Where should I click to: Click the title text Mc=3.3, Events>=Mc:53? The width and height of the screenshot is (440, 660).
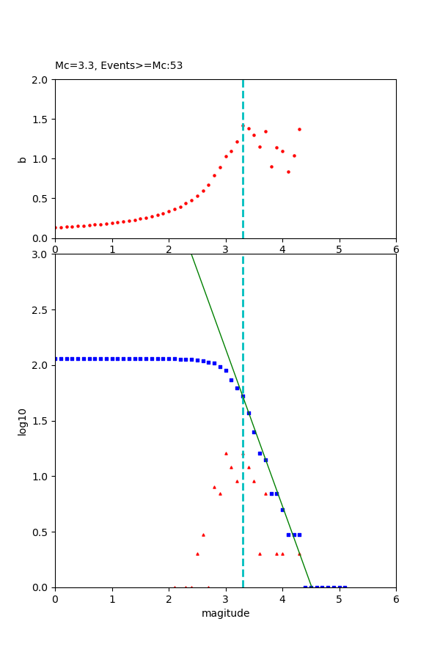tap(119, 66)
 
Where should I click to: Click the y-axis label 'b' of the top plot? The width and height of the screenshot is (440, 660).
tap(23, 159)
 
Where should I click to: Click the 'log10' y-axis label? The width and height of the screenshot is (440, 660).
tap(23, 422)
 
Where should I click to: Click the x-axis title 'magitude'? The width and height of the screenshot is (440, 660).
tap(225, 613)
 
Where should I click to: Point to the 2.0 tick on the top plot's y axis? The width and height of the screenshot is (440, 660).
tap(41, 79)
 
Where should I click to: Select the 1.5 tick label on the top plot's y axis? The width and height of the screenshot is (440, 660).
tap(41, 120)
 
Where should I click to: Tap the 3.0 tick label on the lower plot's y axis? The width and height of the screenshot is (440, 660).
tap(41, 254)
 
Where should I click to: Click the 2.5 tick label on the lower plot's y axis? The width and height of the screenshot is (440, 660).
tap(41, 310)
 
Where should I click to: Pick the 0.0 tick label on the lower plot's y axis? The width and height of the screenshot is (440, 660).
tap(41, 587)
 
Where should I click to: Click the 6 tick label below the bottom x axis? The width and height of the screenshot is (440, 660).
tap(396, 599)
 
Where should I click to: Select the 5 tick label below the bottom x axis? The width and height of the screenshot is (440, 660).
tap(340, 599)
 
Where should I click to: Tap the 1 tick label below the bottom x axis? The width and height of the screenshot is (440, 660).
tap(112, 599)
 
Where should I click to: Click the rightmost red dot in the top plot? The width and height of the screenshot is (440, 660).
tap(299, 129)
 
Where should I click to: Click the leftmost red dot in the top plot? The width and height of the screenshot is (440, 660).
tap(56, 227)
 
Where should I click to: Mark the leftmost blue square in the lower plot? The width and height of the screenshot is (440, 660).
tap(56, 359)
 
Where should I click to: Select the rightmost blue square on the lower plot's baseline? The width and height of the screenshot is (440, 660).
tap(345, 587)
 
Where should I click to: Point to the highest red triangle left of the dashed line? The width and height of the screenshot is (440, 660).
tap(226, 453)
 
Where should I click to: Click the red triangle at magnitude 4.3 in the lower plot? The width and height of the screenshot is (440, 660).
tap(299, 554)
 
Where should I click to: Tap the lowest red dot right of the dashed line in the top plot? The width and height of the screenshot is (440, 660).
tap(288, 172)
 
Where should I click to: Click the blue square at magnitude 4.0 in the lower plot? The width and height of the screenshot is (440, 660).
tap(282, 510)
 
